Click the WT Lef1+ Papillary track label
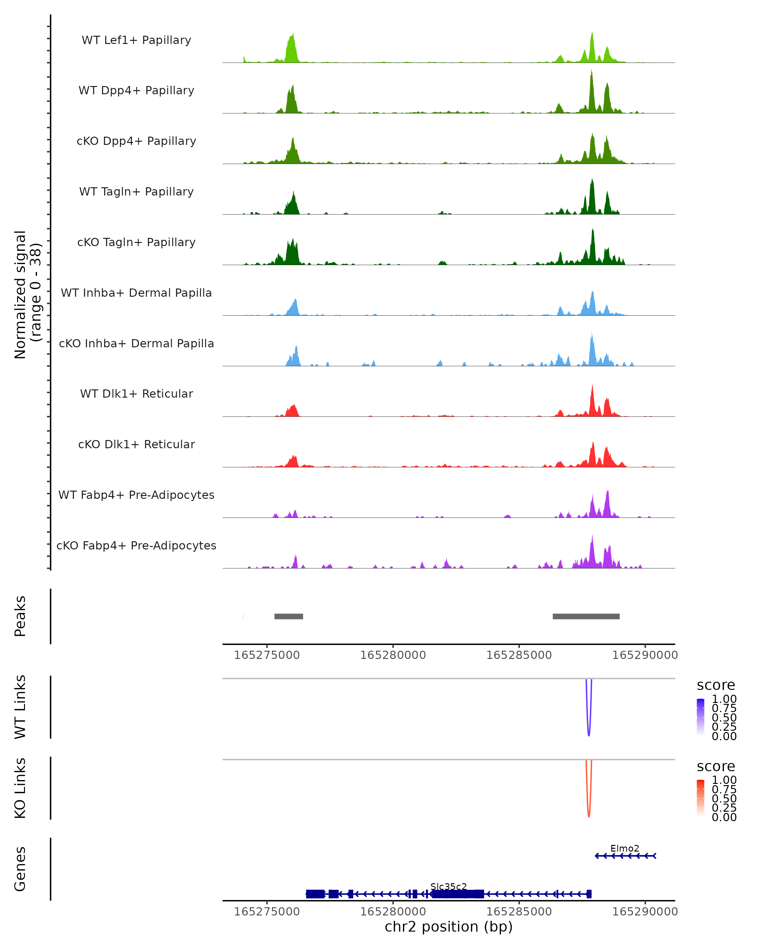coord(136,40)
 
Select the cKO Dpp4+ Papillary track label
coord(136,141)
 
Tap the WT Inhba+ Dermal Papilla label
coord(136,293)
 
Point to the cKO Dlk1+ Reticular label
coord(136,444)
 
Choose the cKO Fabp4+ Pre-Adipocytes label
coord(136,546)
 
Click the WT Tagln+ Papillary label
coord(136,192)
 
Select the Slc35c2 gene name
coord(448,886)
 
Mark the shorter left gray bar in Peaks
coord(289,616)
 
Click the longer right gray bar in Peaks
coord(586,616)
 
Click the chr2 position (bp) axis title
coord(448,927)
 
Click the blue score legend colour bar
coord(700,717)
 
